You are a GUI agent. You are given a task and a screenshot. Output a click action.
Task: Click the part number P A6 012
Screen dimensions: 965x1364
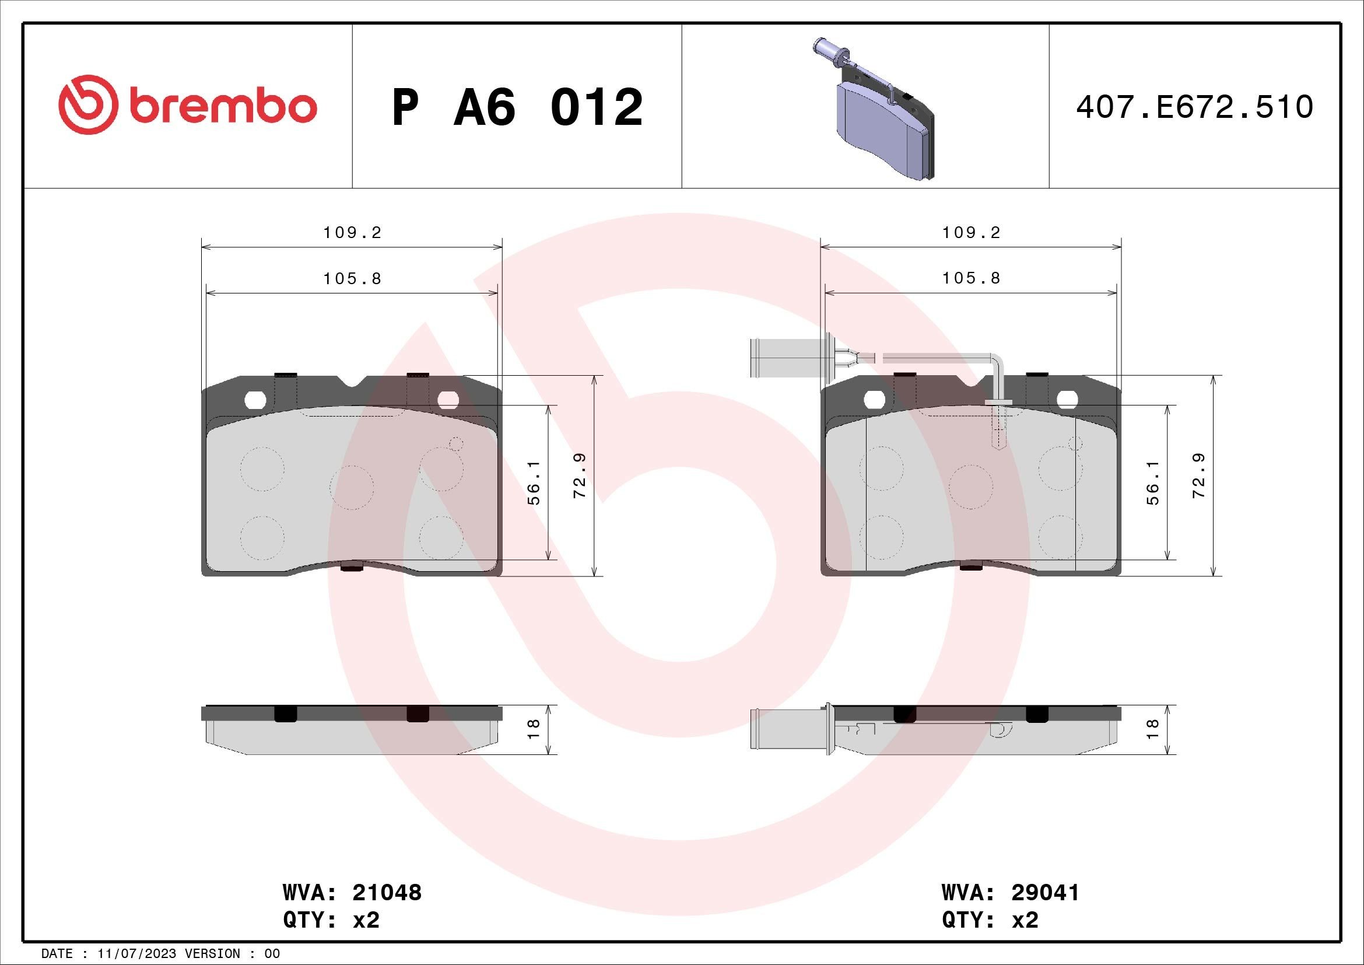517,107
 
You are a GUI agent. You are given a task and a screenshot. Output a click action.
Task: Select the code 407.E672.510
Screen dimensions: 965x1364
1194,107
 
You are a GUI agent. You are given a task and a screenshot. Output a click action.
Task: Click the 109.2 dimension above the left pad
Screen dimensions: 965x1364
352,233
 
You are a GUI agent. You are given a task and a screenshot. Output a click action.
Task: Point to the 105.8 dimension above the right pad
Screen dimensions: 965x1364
971,278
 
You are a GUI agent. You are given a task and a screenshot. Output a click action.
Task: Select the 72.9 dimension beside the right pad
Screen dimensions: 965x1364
1199,475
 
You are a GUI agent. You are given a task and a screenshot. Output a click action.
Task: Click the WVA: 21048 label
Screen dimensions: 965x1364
352,892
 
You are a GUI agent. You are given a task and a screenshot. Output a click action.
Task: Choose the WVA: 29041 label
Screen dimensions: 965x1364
1010,892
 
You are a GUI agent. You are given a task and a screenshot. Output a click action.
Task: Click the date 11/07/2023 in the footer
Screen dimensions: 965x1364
136,954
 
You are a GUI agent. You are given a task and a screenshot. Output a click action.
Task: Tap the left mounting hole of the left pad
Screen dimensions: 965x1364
255,400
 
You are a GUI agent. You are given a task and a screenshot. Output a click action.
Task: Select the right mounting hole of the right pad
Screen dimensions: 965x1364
1067,400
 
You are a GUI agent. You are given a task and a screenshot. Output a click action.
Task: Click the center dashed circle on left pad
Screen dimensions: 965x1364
352,487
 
